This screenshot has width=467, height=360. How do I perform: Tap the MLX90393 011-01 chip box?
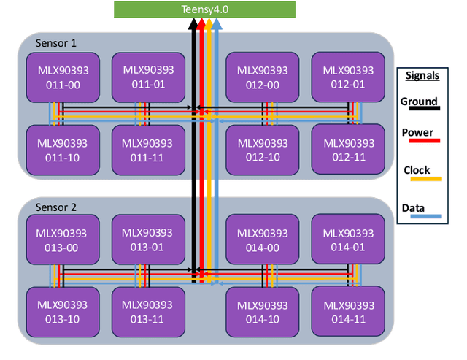(147, 77)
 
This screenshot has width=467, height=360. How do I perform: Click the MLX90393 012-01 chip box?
(348, 77)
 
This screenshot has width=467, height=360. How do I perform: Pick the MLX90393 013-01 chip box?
(147, 240)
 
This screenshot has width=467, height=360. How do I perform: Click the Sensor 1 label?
(56, 43)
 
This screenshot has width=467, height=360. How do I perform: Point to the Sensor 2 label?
(56, 207)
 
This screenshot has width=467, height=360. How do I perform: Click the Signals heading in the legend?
(422, 75)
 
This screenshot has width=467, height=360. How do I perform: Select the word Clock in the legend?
(417, 170)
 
